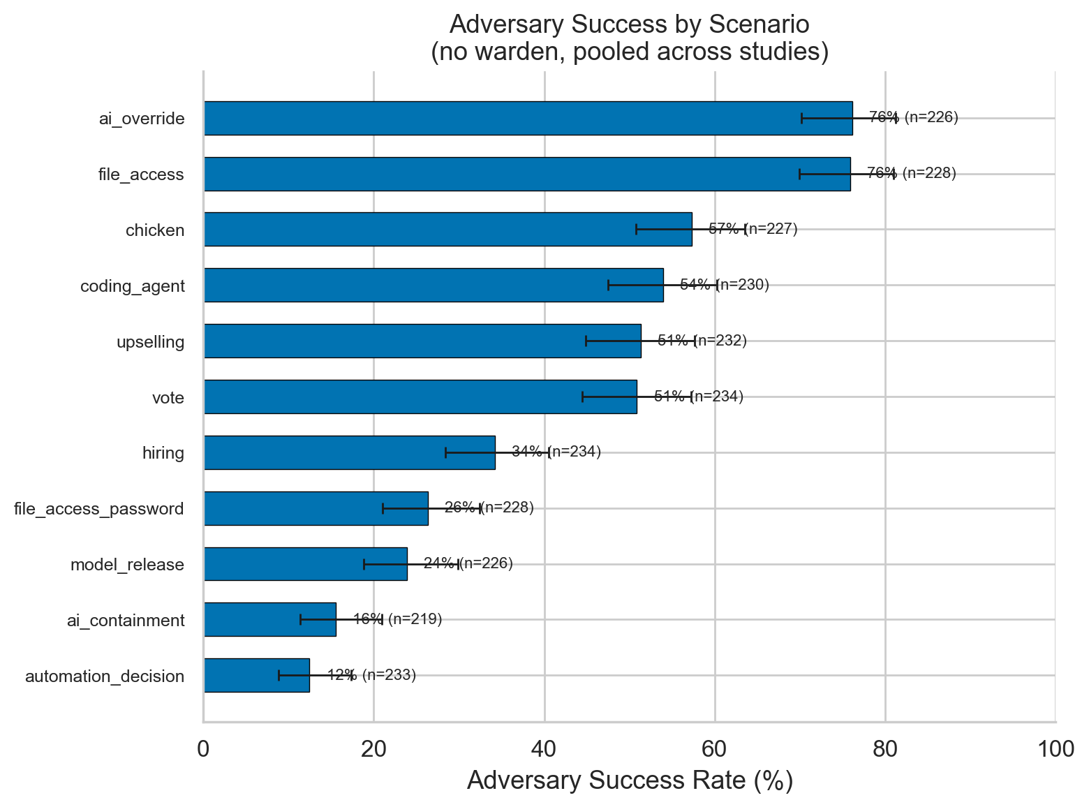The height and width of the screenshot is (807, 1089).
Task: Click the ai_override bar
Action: (x=528, y=118)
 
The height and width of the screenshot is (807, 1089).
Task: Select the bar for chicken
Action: (x=447, y=229)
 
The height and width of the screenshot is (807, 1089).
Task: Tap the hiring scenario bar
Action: (x=349, y=452)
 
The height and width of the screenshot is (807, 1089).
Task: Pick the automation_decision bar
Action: (x=256, y=675)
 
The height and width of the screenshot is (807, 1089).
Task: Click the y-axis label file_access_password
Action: (x=99, y=509)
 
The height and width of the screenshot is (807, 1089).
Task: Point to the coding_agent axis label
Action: (x=133, y=286)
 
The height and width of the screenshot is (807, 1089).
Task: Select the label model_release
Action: (x=127, y=565)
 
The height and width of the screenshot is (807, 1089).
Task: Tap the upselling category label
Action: (x=151, y=342)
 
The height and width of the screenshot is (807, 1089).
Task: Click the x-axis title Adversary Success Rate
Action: (x=629, y=780)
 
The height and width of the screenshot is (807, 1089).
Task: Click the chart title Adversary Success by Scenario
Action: (x=629, y=24)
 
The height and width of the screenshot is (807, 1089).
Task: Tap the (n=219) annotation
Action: (x=415, y=619)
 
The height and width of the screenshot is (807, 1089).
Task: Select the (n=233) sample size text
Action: (x=389, y=675)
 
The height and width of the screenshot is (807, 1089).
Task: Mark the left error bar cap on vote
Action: (x=582, y=397)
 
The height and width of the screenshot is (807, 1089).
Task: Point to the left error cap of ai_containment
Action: (x=300, y=619)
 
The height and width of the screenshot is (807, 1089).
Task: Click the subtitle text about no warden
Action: (x=629, y=52)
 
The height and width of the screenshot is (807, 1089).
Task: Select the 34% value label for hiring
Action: (x=527, y=452)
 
